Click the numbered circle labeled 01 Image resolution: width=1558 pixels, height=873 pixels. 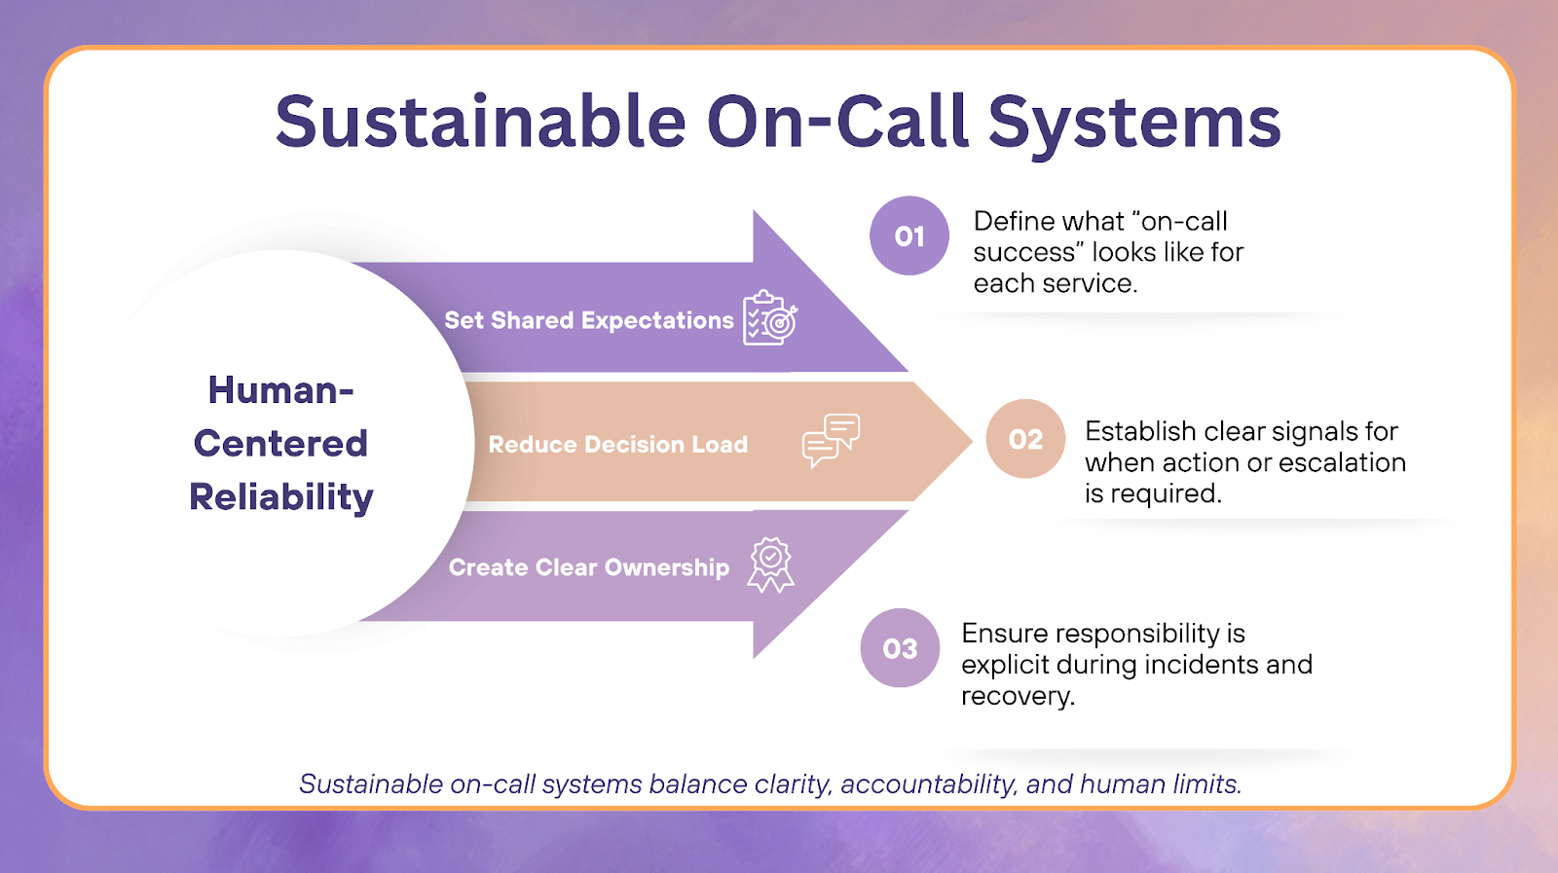coord(909,236)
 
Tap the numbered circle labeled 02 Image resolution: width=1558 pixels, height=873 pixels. coord(1025,439)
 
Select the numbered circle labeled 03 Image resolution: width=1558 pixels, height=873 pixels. coord(900,648)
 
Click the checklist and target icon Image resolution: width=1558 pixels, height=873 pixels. coord(770,318)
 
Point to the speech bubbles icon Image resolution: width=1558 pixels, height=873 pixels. coord(831,440)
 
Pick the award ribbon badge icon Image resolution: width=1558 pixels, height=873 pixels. coord(770,565)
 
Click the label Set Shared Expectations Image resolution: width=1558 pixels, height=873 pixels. coord(589,320)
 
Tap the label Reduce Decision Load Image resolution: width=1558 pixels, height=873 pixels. coord(617,445)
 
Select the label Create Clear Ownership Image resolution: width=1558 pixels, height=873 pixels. coord(588,567)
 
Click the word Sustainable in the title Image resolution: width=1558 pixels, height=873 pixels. coord(481,123)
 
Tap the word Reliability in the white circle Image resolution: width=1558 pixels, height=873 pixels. coord(281,497)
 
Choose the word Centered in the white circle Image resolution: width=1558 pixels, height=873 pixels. coord(280,444)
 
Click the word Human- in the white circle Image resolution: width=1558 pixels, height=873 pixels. coord(280,390)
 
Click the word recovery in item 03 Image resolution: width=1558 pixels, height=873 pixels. coord(1017,696)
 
